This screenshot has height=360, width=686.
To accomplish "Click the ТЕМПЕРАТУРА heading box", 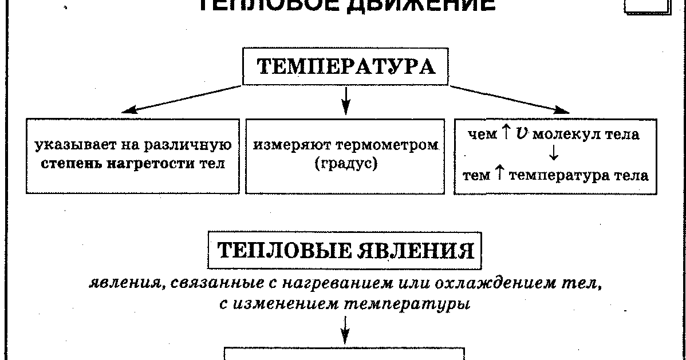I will pos(345,68).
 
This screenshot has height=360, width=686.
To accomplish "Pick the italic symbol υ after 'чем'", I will pos(521,135).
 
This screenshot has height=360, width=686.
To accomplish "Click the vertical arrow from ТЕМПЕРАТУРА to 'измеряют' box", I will pos(345,100).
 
